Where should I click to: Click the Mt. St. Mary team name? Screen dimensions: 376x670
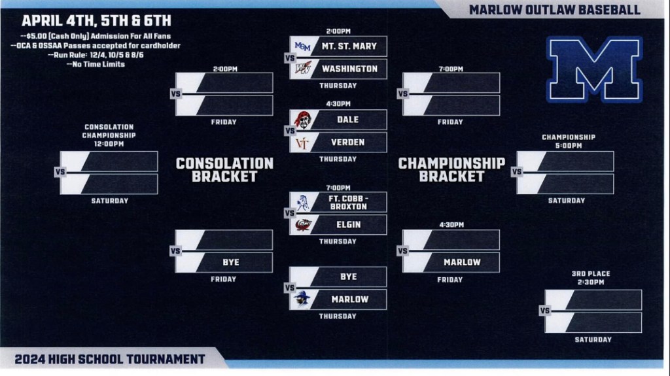[348, 46]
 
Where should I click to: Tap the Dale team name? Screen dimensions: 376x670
[348, 120]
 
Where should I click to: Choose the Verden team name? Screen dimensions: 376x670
[348, 143]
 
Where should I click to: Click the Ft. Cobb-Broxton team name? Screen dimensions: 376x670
[348, 202]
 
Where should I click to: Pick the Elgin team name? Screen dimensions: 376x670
[348, 224]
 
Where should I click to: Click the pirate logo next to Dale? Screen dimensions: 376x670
[302, 120]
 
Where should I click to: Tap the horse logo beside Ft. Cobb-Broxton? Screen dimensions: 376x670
[302, 201]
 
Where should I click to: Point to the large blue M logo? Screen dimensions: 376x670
[595, 69]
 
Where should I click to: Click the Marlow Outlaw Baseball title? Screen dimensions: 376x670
[554, 10]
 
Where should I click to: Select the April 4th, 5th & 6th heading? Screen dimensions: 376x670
[96, 21]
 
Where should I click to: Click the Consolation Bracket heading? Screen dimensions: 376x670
[224, 169]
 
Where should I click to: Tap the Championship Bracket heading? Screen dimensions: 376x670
[451, 169]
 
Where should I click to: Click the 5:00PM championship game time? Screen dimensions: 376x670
[568, 146]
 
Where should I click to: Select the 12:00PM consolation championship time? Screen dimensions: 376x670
[109, 143]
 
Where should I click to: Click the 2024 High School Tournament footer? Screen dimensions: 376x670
[111, 359]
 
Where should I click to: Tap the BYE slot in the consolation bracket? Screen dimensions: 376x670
[230, 262]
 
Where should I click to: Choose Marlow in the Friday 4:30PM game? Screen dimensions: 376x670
[462, 262]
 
